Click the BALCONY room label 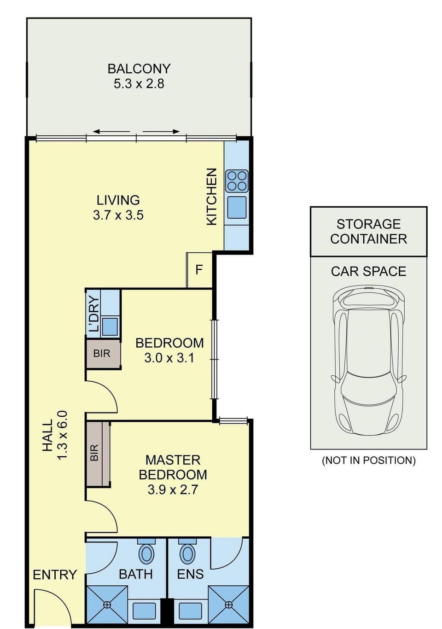point(139,69)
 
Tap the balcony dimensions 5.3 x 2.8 point(139,84)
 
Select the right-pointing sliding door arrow point(162,131)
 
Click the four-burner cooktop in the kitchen point(237,181)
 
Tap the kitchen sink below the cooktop point(237,207)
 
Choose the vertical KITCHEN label point(212,197)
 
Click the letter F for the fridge point(199,270)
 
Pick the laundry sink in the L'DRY point(110,326)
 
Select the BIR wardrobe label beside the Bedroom point(102,353)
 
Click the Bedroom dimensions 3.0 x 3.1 point(169,358)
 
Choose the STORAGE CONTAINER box point(369,232)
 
